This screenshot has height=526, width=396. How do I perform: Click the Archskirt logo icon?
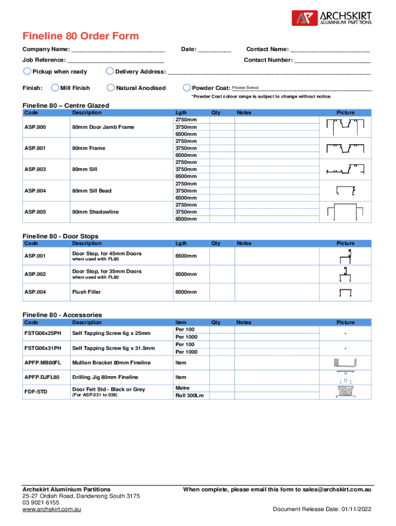point(301,18)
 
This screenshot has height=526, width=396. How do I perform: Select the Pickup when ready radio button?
point(27,71)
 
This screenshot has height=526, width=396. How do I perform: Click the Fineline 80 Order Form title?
point(80,36)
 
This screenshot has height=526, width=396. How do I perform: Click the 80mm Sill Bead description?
point(92,191)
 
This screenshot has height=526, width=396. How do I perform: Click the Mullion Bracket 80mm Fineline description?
point(111,363)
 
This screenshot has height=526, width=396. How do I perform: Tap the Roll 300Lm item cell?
point(189,396)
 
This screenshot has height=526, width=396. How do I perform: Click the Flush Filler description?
point(86,292)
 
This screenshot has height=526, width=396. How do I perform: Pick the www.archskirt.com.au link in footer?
point(51,510)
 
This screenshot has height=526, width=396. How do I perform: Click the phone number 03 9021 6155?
point(41,503)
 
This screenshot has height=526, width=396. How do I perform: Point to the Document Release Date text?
point(322,510)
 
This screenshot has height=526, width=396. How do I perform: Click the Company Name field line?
point(118,50)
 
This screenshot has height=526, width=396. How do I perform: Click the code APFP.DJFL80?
point(42,377)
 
